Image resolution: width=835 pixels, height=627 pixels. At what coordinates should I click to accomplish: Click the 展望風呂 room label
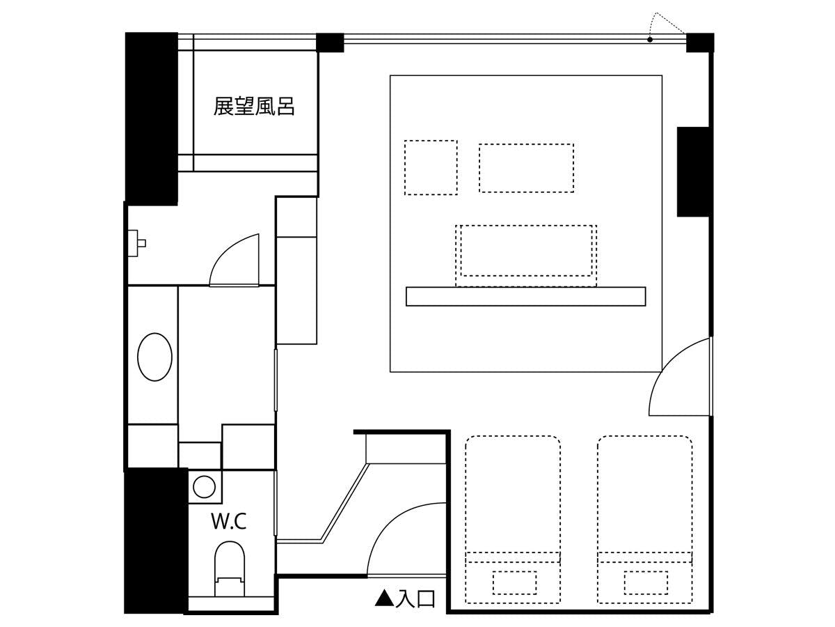point(254,106)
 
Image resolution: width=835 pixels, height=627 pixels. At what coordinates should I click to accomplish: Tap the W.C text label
point(229,521)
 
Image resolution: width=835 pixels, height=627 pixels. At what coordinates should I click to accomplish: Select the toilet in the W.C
point(230,569)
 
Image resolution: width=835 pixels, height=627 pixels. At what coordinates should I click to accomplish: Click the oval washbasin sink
point(154,357)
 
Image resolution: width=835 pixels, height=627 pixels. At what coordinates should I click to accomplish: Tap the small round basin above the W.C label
point(205,486)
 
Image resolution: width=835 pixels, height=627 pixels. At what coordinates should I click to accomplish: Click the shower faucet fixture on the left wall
point(136,243)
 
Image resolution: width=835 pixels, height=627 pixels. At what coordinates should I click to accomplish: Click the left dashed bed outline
point(513,519)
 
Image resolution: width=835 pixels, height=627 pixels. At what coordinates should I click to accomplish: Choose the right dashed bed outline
point(645,519)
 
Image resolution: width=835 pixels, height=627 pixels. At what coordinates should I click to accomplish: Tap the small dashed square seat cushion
point(431,167)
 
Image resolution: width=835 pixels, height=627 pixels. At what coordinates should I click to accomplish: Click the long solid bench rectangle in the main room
point(526,297)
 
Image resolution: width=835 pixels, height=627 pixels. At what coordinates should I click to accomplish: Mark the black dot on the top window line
point(650,39)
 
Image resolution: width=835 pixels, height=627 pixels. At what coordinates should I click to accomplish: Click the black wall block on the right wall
point(693,171)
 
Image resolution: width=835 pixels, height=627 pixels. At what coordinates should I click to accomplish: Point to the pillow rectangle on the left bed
point(515,583)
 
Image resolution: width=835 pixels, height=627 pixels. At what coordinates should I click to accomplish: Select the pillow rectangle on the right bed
point(646,583)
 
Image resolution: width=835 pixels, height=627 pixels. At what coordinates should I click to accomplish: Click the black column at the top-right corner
point(700,42)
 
